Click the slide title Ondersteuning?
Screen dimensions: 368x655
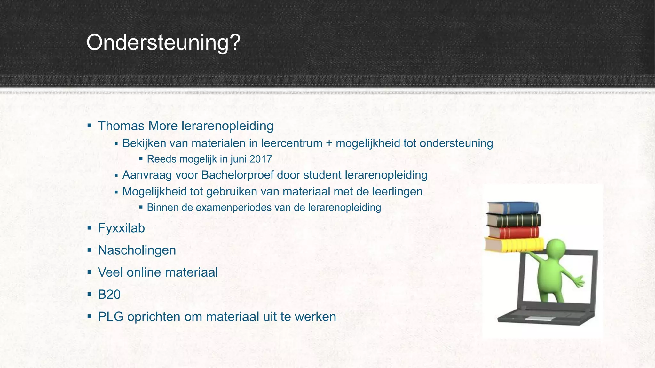163,42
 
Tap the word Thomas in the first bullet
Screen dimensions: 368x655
121,126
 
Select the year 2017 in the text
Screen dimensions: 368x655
261,159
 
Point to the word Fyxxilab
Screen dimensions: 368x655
121,228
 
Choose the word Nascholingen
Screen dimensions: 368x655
137,250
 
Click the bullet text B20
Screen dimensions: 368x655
109,295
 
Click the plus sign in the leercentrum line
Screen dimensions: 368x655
329,143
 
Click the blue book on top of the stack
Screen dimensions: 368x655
513,208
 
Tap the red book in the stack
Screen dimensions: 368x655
514,232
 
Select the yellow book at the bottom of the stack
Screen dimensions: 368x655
514,245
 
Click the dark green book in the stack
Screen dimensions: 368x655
514,220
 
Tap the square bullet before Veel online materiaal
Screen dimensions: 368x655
90,272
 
